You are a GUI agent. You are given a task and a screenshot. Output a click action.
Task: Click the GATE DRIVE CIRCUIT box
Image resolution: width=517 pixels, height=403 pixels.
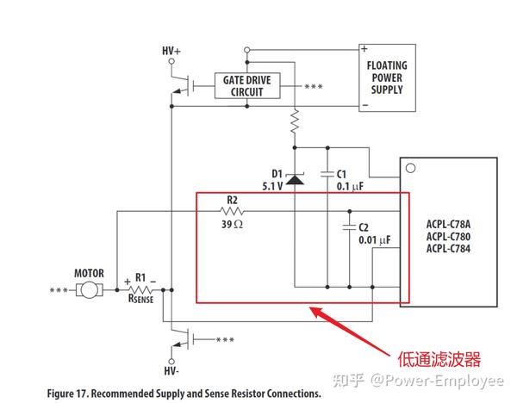[247, 85]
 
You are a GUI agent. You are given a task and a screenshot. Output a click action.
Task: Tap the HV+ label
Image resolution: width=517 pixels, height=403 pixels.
[171, 51]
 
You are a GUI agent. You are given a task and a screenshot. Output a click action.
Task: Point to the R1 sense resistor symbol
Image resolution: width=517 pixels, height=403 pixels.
[140, 291]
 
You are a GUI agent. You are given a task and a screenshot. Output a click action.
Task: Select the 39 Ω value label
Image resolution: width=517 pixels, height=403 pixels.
[232, 224]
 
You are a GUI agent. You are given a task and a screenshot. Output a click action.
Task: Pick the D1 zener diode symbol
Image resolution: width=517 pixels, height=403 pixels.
[295, 179]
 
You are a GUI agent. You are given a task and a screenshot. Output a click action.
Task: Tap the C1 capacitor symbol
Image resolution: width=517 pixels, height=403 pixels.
[328, 173]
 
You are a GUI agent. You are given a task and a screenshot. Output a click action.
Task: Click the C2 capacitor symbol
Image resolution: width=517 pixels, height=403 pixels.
[350, 227]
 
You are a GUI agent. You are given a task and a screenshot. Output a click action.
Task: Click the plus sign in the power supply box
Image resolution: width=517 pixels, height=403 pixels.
[364, 49]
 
